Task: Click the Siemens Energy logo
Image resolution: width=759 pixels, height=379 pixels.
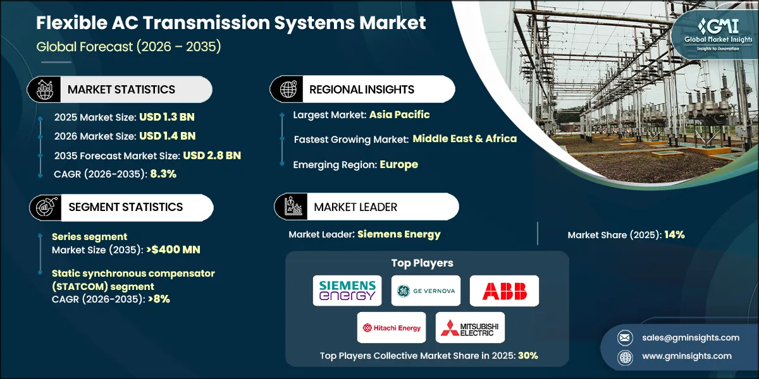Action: coord(347,291)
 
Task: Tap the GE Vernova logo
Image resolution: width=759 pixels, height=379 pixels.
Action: coord(425,291)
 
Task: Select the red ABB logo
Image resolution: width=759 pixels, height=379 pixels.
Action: coord(504,291)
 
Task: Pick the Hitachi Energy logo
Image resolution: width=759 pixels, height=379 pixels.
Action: coord(392,327)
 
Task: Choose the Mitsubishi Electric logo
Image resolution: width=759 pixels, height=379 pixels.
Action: coord(470,327)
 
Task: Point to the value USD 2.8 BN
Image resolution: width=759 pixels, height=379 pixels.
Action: coord(212,155)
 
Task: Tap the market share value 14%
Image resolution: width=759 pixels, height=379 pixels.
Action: coord(674,235)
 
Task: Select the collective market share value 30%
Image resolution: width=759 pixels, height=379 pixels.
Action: coord(528,356)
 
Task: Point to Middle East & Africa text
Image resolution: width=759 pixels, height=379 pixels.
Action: coord(464,138)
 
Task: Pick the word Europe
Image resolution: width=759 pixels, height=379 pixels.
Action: coord(398,164)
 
